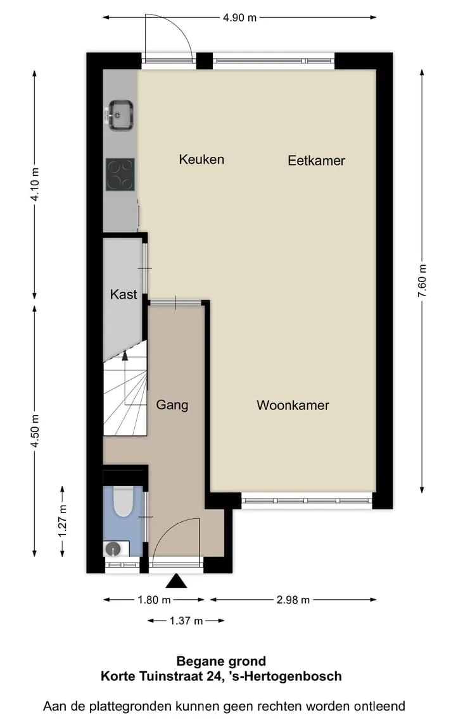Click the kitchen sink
pos(119,114)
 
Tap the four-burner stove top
pos(120,175)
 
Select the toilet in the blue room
pos(123,502)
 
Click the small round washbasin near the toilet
pos(113,549)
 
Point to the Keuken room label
pos(201,159)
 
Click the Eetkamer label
pos(317,161)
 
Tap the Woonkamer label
pos(293,405)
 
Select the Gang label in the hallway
pos(172,405)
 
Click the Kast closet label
pos(123,294)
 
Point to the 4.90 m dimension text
pos(239,18)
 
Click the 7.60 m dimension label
pos(422,282)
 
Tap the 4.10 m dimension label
pos(34,184)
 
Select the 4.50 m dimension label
pos(34,431)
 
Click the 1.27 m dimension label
pos(62,521)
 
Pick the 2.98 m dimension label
pos(293,600)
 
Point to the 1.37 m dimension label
pos(186,621)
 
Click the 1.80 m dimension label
pos(154,600)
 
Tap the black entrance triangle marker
pos(176,581)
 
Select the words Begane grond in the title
pos(221,661)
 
